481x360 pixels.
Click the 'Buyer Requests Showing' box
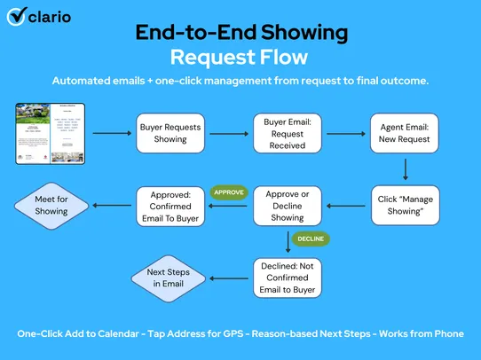170,134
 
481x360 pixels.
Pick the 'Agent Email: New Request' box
405,134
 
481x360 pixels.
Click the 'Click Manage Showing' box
405,205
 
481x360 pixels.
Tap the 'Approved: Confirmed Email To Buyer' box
170,205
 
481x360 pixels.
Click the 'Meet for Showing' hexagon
51,205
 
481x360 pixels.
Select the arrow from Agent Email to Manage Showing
405,168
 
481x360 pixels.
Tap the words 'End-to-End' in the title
187,32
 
